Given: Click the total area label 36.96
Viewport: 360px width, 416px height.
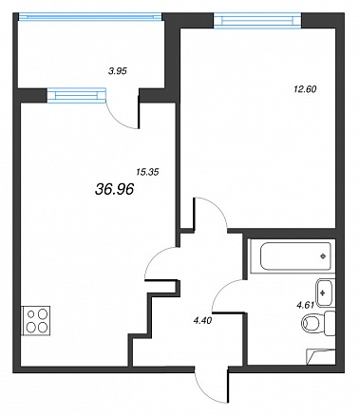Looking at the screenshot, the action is [x=114, y=190].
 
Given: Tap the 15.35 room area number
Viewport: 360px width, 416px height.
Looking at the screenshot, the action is [x=147, y=172].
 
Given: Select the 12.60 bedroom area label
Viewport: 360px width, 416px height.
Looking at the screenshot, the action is [x=305, y=89].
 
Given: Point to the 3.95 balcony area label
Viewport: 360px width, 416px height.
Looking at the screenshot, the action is [x=117, y=71].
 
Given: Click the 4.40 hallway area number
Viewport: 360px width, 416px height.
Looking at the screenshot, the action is [x=202, y=321].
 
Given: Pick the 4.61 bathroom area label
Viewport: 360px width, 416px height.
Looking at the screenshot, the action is [x=305, y=306].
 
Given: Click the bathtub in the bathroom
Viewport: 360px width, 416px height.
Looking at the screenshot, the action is [x=293, y=256].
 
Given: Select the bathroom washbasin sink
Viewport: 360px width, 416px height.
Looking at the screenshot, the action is [x=325, y=293].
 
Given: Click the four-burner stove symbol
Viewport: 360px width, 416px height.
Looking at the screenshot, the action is [x=36, y=320].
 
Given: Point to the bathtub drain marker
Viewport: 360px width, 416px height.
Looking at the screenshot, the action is [x=323, y=256].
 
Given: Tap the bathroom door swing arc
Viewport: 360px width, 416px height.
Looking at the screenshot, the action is [x=220, y=291].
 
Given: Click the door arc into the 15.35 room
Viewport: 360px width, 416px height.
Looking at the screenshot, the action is [x=155, y=255].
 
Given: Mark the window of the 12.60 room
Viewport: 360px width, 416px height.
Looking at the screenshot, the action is [x=257, y=20].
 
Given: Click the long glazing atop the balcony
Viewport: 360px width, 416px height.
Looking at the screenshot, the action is [x=90, y=16].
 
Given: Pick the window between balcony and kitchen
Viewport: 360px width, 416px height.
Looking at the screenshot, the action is [x=77, y=95].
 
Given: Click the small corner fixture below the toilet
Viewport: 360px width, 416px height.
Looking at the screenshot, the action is [x=320, y=356].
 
